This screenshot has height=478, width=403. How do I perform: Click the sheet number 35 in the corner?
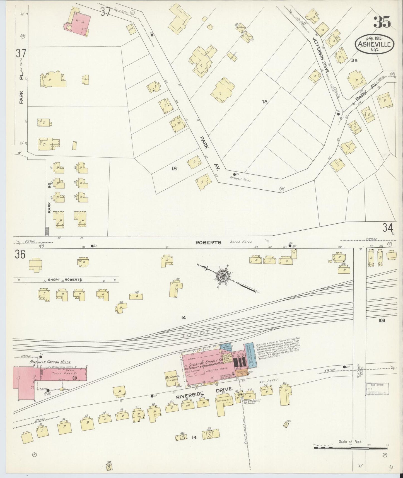pos(382,22)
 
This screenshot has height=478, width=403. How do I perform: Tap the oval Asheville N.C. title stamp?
pos(374,45)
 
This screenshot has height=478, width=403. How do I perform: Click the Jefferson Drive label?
pos(322,56)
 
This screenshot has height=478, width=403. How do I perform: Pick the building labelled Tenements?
pos(224,401)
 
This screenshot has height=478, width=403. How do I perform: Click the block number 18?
pos(175,168)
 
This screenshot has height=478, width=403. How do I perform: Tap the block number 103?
pos(382,321)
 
